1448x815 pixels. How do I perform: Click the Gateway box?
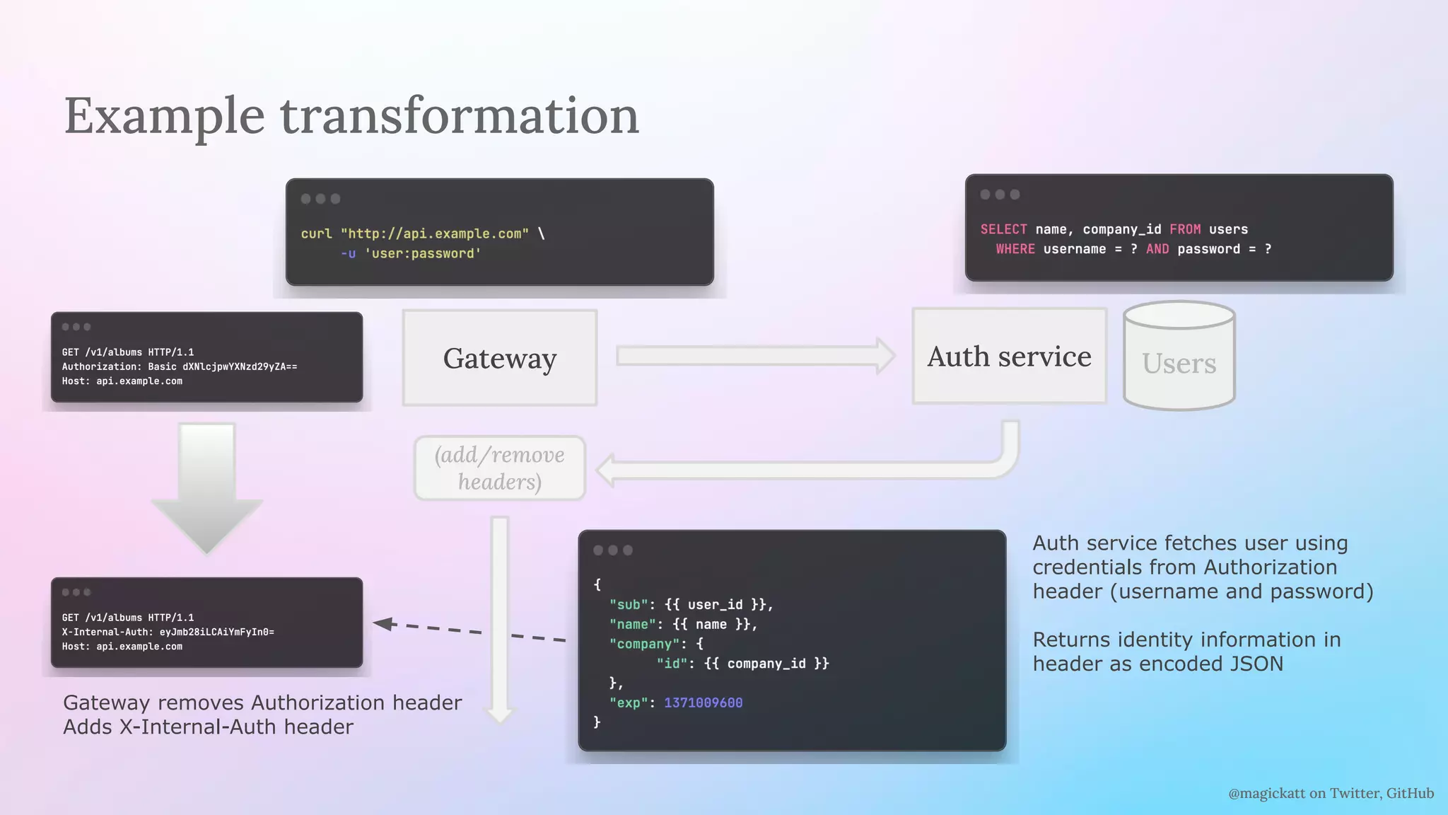point(500,358)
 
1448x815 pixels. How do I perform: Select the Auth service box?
point(1009,357)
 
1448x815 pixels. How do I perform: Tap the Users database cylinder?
point(1179,357)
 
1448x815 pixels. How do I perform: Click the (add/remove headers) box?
point(499,468)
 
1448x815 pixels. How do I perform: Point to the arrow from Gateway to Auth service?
point(754,356)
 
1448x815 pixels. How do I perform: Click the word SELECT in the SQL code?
point(1003,229)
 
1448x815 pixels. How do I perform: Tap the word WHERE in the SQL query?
point(1015,249)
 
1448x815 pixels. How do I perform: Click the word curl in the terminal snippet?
point(316,233)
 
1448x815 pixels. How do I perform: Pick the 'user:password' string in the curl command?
point(423,253)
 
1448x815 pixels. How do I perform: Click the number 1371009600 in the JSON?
point(703,703)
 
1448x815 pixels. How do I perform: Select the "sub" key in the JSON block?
point(629,605)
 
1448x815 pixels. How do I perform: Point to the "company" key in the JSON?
point(643,644)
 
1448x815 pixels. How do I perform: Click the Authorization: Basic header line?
point(180,366)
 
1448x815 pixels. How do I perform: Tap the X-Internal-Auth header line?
point(168,632)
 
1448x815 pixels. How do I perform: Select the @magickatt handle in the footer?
point(1266,793)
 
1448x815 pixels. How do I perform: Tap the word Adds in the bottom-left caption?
point(88,727)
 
